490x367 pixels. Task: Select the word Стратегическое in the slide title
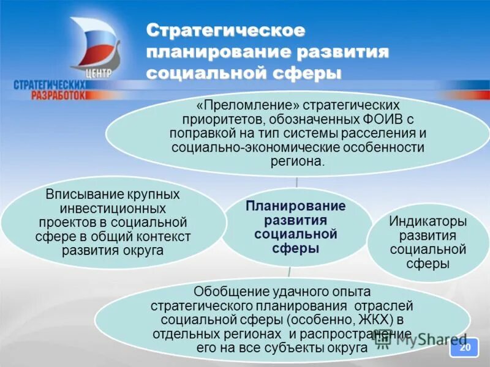(226, 31)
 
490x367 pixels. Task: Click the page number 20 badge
(465, 347)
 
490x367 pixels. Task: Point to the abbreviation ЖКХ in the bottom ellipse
(383, 320)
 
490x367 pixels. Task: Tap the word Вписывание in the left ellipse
(83, 195)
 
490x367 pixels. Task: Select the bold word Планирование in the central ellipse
(296, 206)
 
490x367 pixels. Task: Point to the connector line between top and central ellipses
(296, 182)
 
